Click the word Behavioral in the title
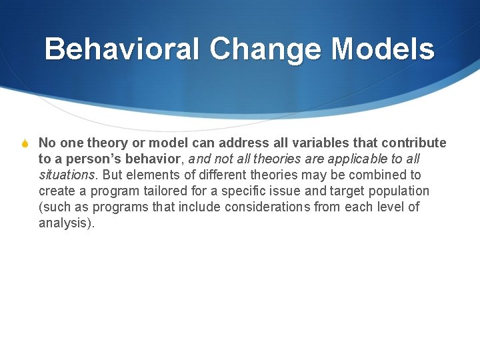(x=122, y=49)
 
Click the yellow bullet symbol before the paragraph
(x=25, y=143)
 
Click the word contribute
(x=414, y=143)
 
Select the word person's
(x=94, y=159)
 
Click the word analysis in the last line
(x=65, y=223)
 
